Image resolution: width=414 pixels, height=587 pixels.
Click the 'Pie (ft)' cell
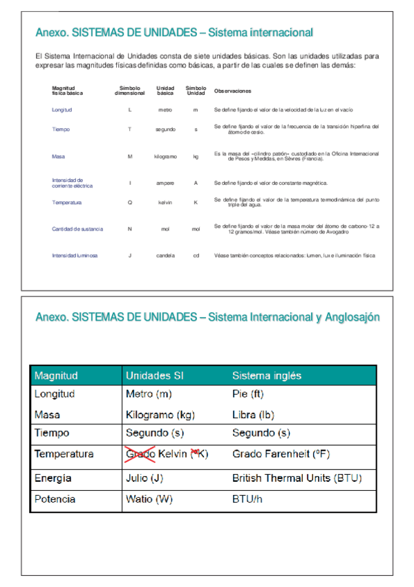248,394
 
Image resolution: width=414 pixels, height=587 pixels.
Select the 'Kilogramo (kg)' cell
160,415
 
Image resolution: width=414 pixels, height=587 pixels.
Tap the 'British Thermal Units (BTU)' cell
297,478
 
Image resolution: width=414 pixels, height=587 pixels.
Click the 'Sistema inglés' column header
267,376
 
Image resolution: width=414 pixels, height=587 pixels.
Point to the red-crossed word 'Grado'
140,454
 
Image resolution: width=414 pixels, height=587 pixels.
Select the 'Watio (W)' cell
149,499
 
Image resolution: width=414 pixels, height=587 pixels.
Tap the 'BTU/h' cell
247,499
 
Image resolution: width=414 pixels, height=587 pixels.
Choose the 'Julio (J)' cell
145,478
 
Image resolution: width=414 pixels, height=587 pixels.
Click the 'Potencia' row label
55,499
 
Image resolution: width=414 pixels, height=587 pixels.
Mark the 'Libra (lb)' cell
252,415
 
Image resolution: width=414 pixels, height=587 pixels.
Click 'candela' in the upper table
165,255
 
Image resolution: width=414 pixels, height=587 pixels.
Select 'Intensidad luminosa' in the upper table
75,255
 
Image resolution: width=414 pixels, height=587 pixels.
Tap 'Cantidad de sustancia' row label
77,228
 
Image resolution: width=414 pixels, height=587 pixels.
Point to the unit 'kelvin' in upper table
165,202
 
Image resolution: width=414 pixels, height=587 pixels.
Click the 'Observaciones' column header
233,91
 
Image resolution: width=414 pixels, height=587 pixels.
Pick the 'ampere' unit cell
165,183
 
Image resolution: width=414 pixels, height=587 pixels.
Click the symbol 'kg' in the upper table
196,156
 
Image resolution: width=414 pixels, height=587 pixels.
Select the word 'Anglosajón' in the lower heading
352,317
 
